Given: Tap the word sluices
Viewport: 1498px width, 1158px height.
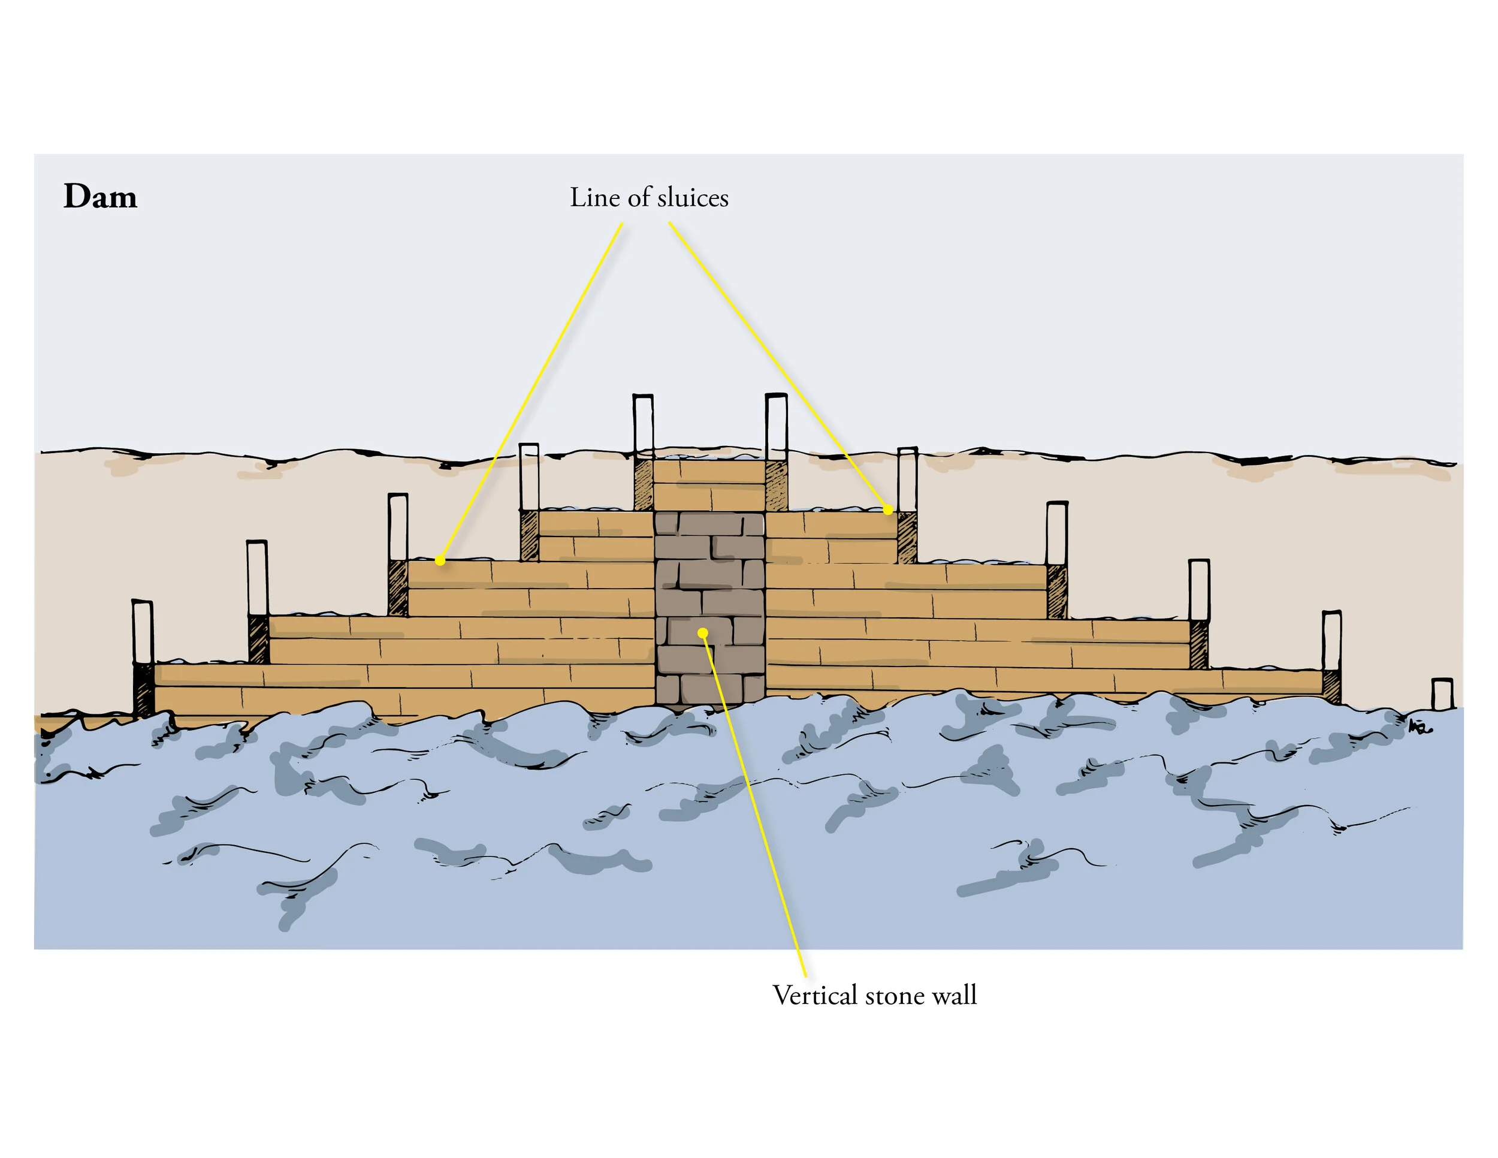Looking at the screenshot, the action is (x=693, y=198).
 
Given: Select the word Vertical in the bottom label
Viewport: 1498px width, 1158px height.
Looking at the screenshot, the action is (x=815, y=996).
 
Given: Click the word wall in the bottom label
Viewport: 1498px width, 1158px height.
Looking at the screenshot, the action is (x=956, y=996).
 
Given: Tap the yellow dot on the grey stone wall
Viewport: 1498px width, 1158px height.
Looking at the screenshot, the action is (x=703, y=632).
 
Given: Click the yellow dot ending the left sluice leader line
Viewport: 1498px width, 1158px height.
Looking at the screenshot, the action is (x=440, y=561).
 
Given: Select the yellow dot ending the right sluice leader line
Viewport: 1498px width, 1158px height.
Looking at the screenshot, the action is (x=887, y=509).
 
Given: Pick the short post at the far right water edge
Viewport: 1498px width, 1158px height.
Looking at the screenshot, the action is (x=1442, y=693).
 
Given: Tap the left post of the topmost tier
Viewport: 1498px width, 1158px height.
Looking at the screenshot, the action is (x=643, y=426).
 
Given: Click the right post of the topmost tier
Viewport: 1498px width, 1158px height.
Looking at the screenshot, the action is (x=776, y=426).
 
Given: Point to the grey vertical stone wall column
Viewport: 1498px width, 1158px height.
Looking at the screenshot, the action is (x=710, y=604).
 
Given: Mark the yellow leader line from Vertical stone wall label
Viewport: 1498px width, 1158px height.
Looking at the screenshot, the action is (x=754, y=810).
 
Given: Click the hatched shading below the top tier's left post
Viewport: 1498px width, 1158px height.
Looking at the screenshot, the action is (x=644, y=485).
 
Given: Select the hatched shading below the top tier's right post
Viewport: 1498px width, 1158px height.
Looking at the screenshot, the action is (x=777, y=485).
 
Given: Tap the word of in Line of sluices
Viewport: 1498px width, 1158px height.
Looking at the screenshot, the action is (x=639, y=198).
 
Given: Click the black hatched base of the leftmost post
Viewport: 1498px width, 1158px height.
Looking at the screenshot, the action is (x=143, y=689).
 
